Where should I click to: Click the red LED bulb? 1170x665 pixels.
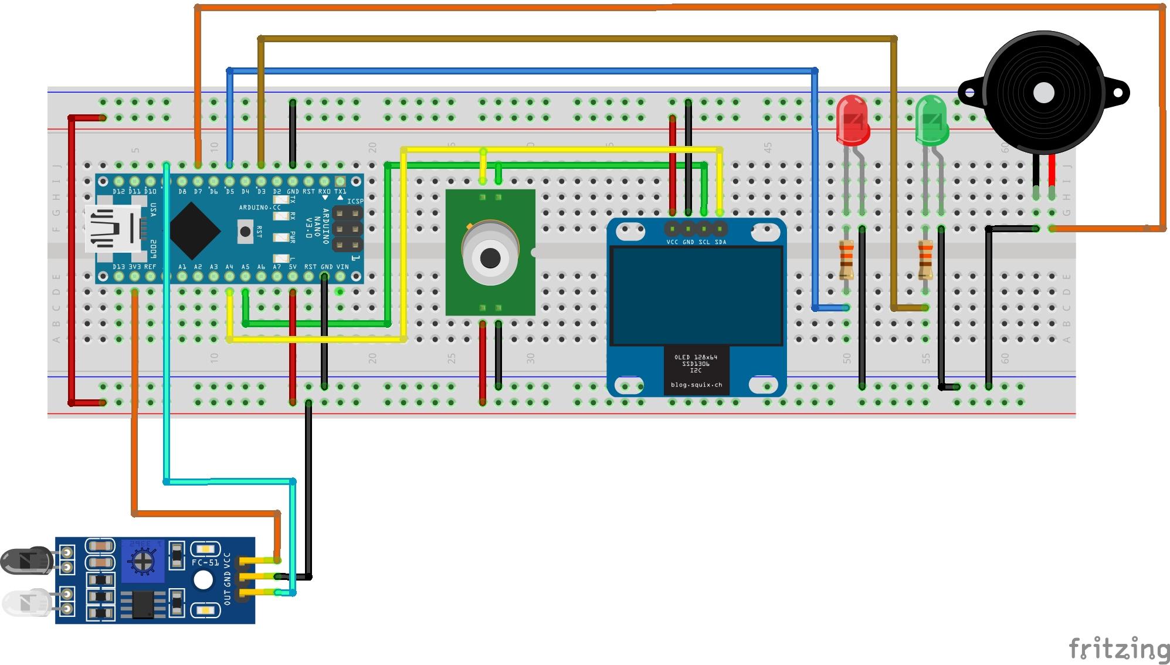852,121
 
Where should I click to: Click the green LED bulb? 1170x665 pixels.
931,121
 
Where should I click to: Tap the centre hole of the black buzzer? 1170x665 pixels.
1043,93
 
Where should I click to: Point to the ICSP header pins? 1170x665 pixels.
347,229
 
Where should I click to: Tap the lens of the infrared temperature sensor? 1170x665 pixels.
490,257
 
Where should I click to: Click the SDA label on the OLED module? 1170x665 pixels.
720,242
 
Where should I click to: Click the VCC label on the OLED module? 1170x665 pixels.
672,242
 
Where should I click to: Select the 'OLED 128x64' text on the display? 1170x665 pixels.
696,357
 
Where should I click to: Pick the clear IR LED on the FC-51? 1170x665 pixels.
26,602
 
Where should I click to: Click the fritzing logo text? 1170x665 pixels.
1117,649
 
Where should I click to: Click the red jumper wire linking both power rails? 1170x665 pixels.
71,258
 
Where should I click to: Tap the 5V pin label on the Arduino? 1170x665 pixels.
293,267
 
